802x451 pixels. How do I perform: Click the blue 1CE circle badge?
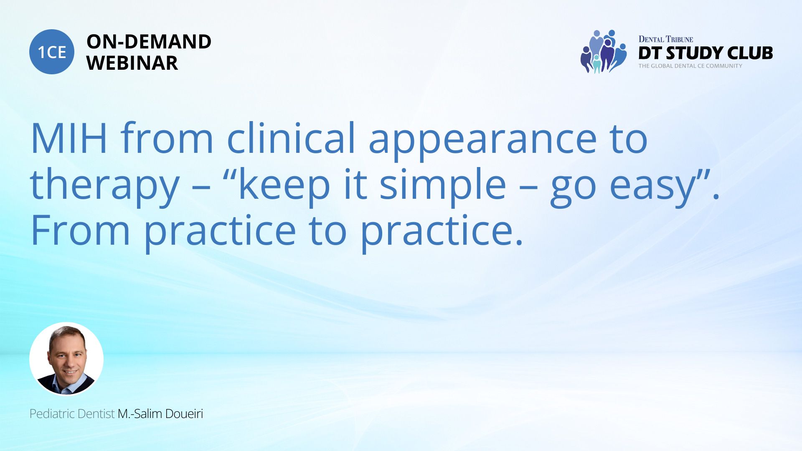[52, 52]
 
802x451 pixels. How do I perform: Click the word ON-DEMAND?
[149, 42]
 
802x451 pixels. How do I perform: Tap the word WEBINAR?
[132, 63]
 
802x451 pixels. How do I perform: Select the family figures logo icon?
[604, 51]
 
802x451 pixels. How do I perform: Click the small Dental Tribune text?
[666, 39]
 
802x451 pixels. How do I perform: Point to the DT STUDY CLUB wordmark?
[706, 53]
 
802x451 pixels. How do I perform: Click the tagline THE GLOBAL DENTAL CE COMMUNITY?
[690, 66]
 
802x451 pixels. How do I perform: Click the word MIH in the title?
[69, 138]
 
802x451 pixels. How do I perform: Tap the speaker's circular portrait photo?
[66, 359]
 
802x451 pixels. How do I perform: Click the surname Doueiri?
[184, 414]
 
